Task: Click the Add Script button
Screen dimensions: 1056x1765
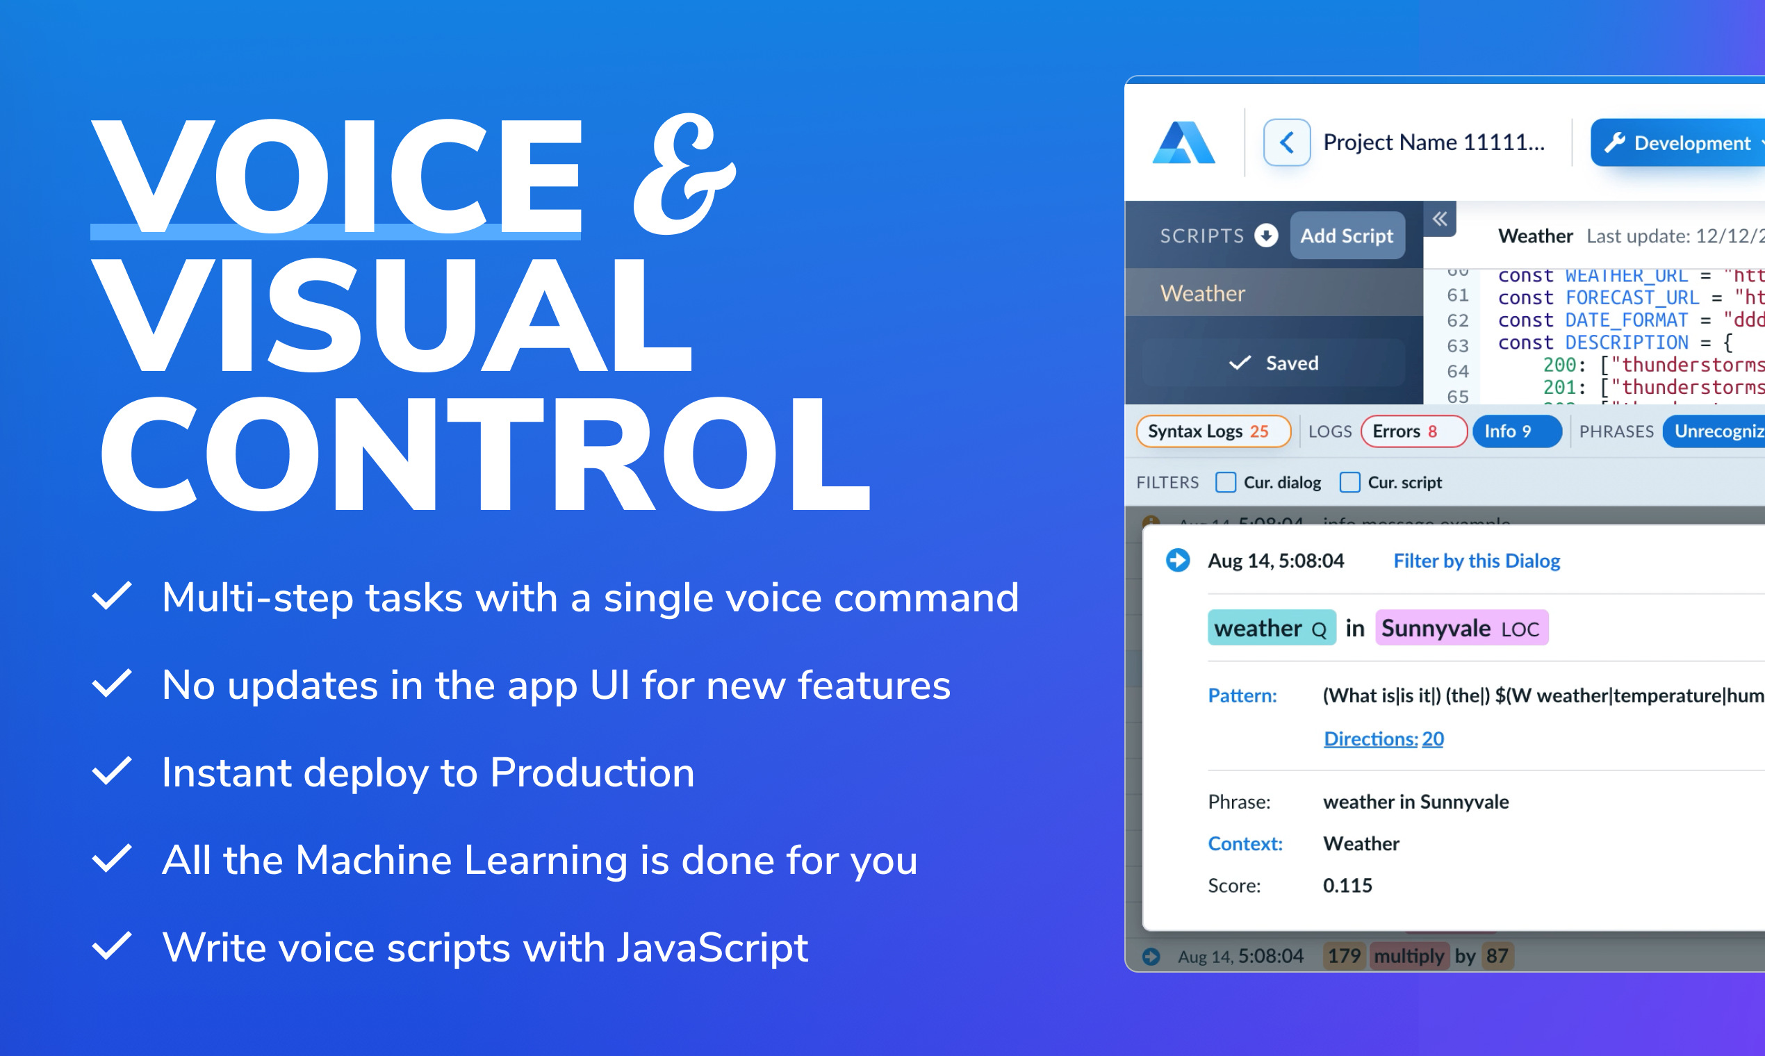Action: pos(1347,236)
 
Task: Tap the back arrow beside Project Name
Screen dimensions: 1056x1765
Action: pos(1286,142)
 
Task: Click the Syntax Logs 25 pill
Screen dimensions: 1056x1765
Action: pos(1213,431)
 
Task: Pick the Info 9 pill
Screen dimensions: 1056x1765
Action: pos(1516,431)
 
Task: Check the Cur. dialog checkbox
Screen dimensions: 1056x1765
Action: pos(1226,482)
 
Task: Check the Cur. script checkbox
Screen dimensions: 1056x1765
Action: pos(1349,482)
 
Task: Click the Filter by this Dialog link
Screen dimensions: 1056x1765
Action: pos(1476,561)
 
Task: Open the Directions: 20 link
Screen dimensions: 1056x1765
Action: pos(1383,739)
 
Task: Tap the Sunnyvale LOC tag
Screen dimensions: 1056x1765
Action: pos(1461,627)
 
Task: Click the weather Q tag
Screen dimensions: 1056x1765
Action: pos(1271,627)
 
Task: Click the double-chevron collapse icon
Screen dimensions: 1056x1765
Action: pos(1439,218)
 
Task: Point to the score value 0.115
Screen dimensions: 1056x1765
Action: pos(1347,885)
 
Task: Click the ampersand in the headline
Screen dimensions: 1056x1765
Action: pos(683,174)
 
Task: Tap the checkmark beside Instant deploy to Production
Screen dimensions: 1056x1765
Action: pos(112,772)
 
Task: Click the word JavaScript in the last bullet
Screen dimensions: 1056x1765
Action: pos(712,948)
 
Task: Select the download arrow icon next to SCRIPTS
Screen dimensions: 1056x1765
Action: pos(1266,235)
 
